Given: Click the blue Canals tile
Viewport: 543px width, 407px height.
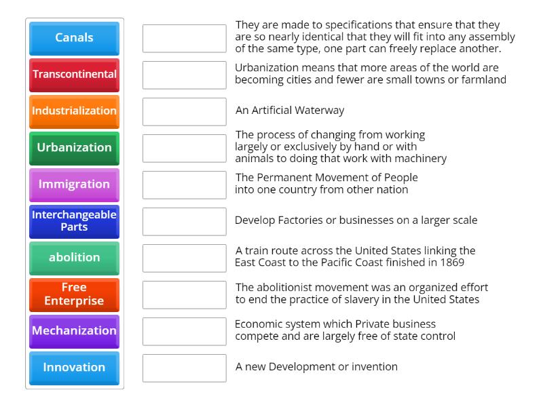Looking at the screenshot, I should pos(74,38).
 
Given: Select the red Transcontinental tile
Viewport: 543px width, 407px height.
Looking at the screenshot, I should pos(74,75).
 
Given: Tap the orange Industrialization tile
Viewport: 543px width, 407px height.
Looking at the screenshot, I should pos(74,111).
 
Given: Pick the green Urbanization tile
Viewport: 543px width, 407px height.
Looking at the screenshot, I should pos(74,148).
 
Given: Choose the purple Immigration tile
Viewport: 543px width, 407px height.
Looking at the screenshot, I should pos(74,185).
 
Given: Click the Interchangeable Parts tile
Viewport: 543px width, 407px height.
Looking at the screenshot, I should pos(74,221).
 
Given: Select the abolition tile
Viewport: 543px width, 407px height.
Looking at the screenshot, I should pos(74,258).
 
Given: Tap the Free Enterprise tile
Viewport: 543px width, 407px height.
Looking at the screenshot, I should pos(74,294).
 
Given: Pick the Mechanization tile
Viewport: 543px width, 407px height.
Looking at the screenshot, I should pos(74,331).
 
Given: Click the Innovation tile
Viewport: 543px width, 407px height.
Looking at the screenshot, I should pos(74,368).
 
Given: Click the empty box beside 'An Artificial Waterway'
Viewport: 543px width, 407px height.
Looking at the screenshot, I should pos(184,111).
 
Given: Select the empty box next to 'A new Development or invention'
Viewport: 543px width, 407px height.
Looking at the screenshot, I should pos(184,368).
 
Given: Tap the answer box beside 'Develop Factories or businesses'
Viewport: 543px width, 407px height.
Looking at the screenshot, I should pos(184,221).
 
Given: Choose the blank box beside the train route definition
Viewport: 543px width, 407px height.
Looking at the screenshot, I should pos(184,258).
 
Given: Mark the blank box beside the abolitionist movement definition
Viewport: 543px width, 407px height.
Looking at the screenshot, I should pos(184,294).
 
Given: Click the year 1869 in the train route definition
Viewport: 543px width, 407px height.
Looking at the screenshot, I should pos(451,263).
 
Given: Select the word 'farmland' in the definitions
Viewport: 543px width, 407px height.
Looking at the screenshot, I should pos(481,79).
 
